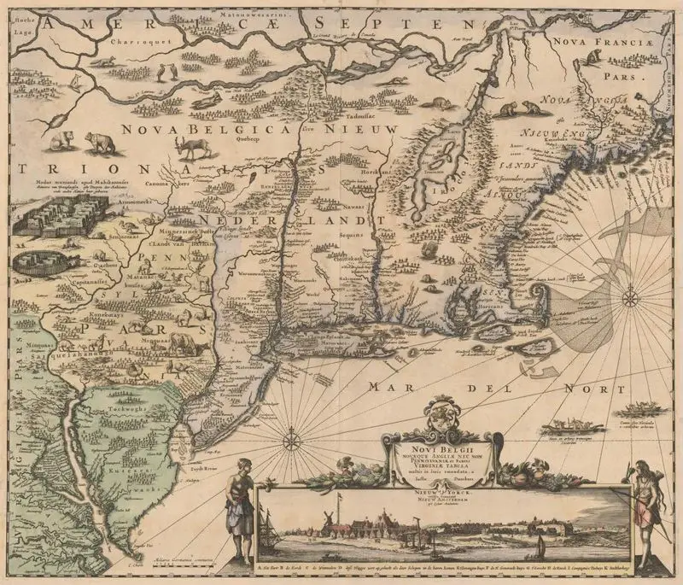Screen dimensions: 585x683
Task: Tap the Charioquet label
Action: point(146,39)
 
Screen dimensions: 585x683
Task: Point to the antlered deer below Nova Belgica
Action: point(195,147)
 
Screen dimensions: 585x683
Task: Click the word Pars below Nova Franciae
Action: point(605,73)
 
